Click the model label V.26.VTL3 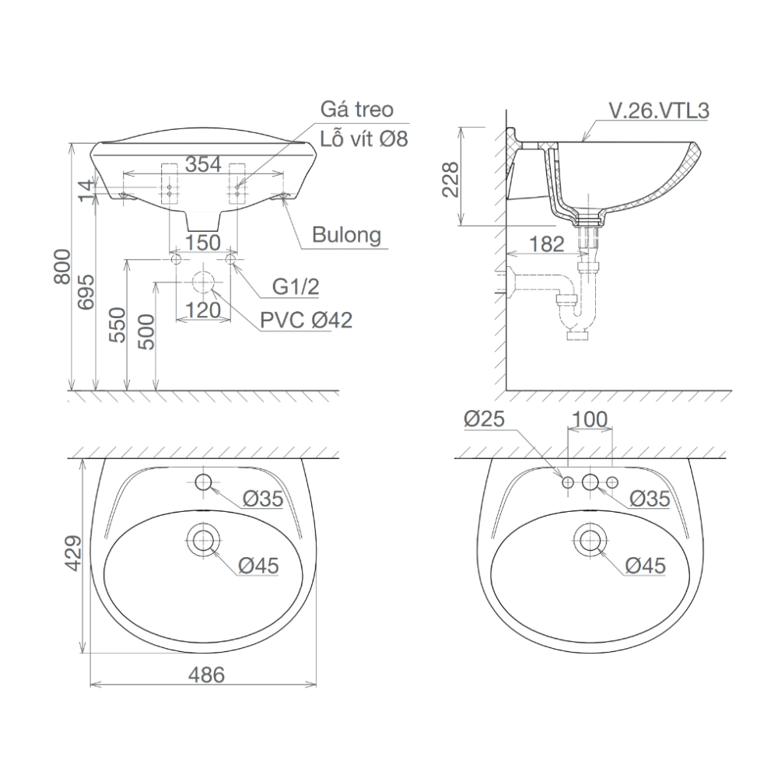click(x=658, y=111)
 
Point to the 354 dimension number click(x=204, y=164)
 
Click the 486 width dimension click(x=205, y=675)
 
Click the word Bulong click(x=346, y=234)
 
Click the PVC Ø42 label click(x=307, y=320)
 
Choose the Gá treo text click(x=357, y=110)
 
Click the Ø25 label click(x=485, y=419)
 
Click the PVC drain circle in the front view click(x=203, y=282)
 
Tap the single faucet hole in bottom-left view click(x=204, y=482)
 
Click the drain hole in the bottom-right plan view click(x=591, y=538)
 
